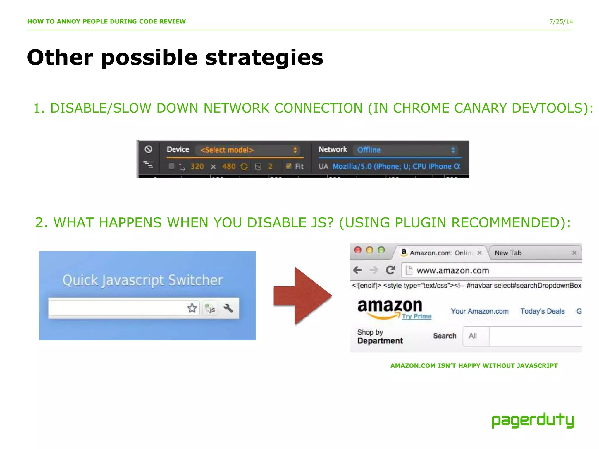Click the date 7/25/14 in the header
click(561, 21)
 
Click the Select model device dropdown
click(249, 150)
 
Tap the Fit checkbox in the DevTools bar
click(289, 166)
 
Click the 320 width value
click(197, 167)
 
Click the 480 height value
click(229, 167)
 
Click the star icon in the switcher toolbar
click(192, 308)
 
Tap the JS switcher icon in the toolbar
click(210, 308)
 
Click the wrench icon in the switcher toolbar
click(228, 308)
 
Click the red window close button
click(358, 250)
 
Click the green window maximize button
click(381, 250)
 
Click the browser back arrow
click(358, 270)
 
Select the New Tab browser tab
click(508, 253)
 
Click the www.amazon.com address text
click(453, 271)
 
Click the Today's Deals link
click(542, 311)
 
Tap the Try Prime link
click(416, 316)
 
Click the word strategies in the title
click(264, 58)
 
